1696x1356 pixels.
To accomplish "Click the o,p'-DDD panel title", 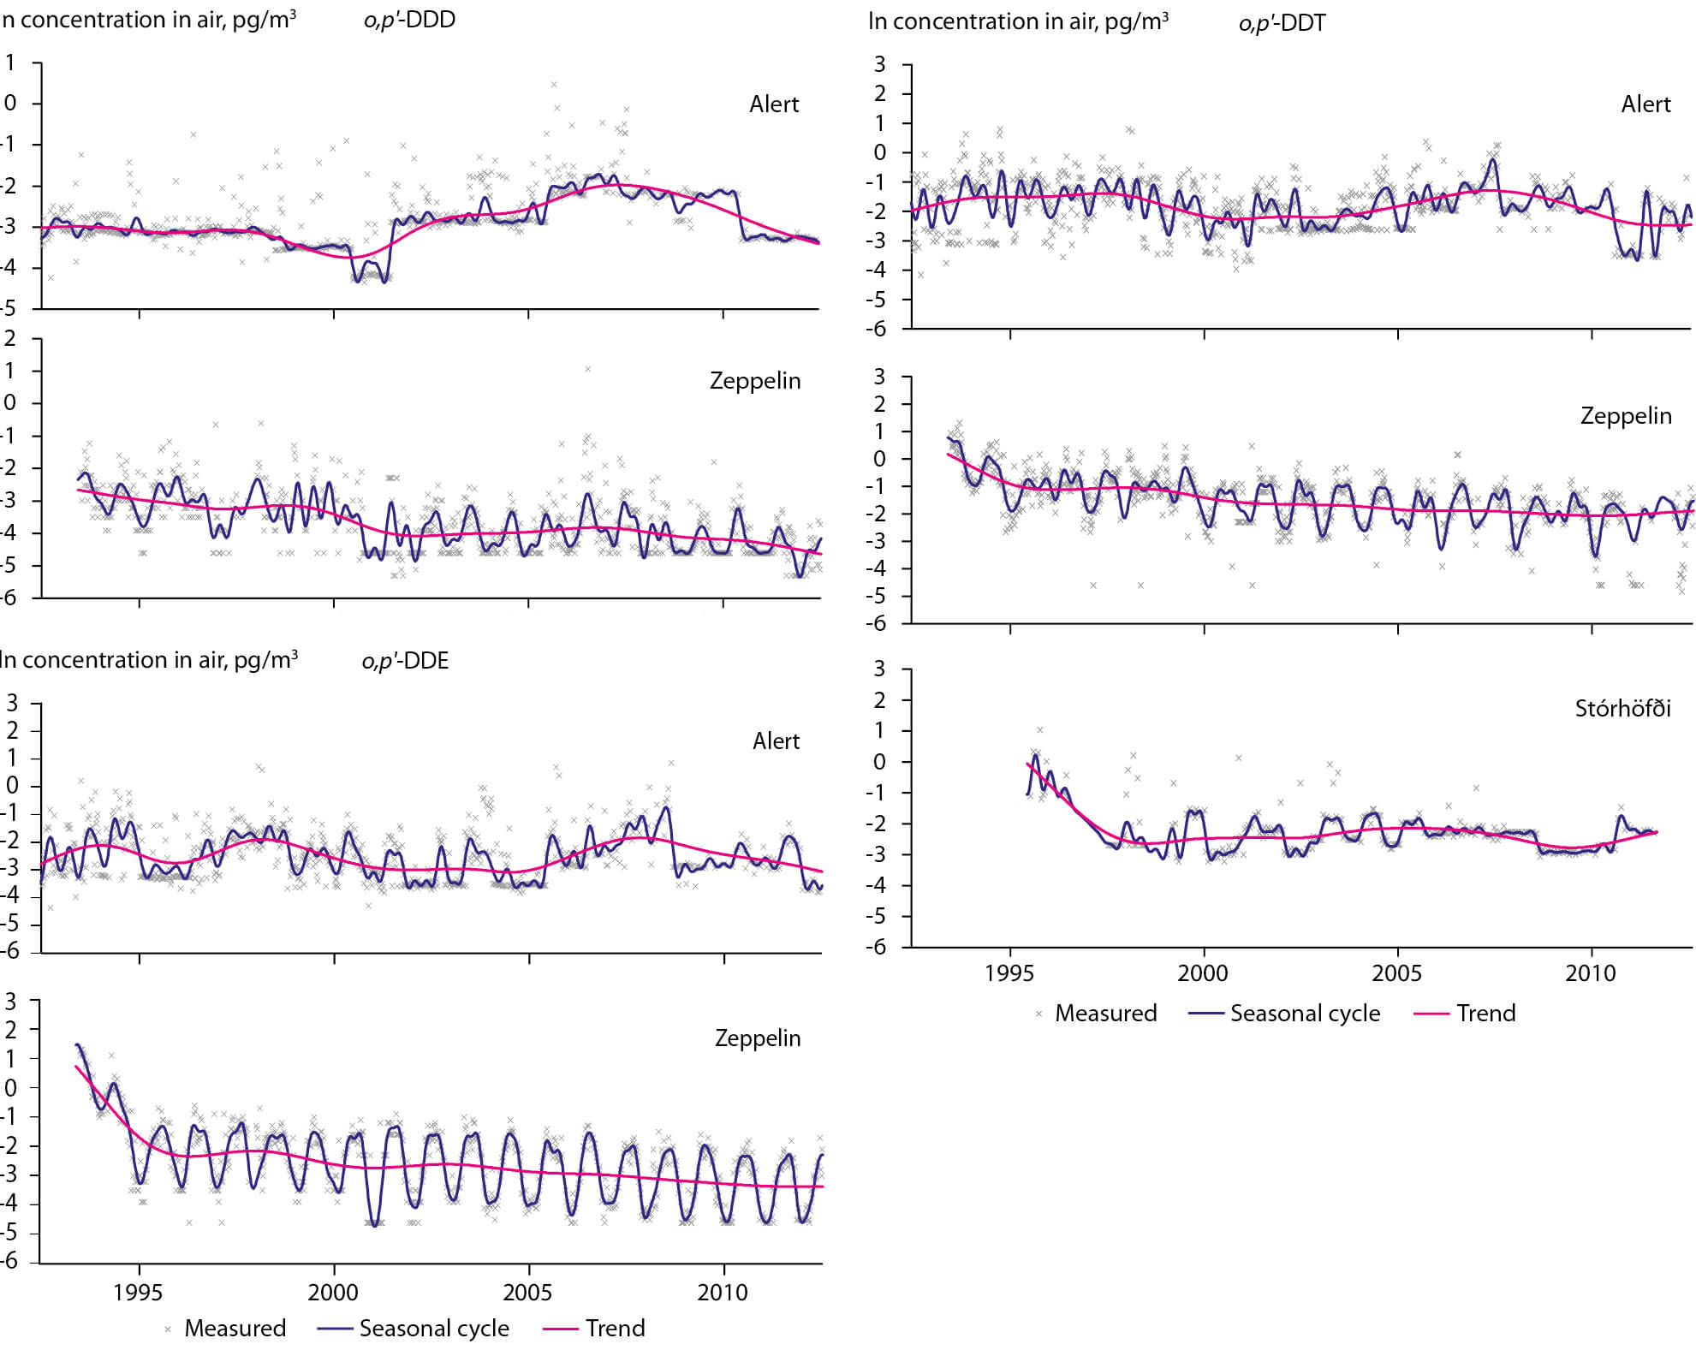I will point(409,20).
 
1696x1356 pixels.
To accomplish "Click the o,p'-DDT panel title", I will point(1282,22).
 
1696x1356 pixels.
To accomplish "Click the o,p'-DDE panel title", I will point(405,661).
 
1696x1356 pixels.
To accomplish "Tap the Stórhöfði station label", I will point(1622,709).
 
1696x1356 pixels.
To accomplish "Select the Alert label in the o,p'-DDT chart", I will point(1645,104).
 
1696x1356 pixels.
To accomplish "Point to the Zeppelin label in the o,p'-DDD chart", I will point(755,381).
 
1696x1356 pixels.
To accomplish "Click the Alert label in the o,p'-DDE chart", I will point(776,741).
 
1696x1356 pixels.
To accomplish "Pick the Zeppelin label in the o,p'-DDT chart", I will point(1625,416).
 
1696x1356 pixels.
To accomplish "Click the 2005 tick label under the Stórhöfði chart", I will point(1396,973).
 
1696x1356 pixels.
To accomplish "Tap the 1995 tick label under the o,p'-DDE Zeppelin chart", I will point(138,1293).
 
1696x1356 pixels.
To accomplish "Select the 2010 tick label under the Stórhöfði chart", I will point(1591,973).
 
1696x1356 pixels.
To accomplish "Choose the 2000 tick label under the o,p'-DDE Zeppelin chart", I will point(333,1293).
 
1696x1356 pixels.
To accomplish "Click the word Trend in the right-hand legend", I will point(1485,1014).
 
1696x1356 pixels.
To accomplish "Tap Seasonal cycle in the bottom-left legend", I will point(434,1329).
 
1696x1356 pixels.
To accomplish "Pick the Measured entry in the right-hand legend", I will point(1104,1014).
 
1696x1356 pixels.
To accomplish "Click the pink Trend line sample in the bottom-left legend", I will point(561,1329).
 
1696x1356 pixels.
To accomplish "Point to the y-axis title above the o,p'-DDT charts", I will point(1018,21).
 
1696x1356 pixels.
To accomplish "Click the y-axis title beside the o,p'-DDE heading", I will point(149,660).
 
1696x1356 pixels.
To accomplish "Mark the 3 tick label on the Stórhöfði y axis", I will point(879,669).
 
